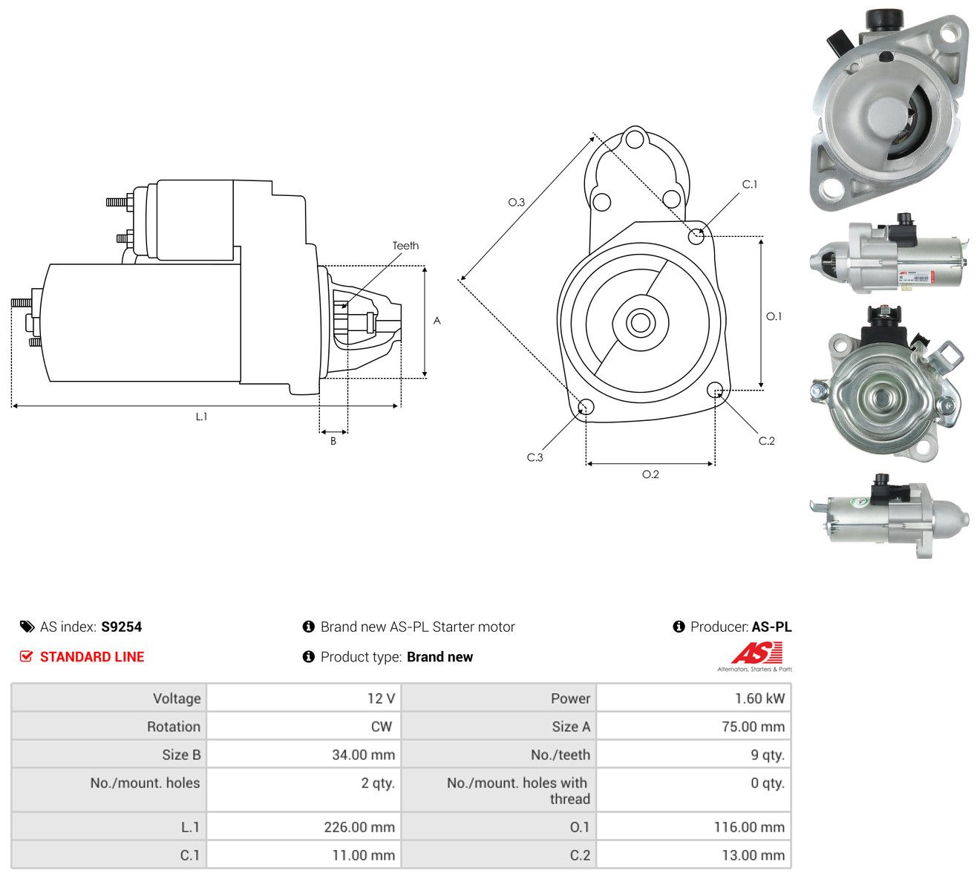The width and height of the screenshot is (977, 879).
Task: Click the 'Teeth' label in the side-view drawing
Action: (x=405, y=246)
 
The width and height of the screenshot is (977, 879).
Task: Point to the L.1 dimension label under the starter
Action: (x=201, y=416)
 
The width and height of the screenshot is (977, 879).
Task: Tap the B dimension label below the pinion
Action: (x=333, y=441)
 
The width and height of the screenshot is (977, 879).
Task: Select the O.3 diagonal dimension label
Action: (x=516, y=202)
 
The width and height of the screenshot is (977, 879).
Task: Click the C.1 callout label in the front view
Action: (x=750, y=185)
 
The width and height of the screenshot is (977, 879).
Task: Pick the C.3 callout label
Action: (x=535, y=457)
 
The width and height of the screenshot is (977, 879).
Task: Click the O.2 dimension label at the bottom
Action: (x=650, y=474)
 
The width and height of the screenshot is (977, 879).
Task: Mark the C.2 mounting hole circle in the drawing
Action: (x=714, y=390)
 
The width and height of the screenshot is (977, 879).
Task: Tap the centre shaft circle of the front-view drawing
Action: (x=640, y=322)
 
